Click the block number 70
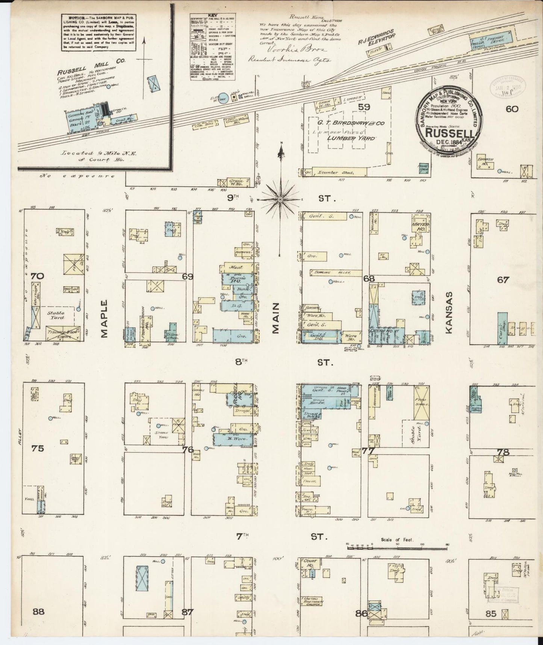point(38,276)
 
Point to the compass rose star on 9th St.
point(281,199)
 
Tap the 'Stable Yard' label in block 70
point(56,315)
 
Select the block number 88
point(38,612)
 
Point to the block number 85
point(491,614)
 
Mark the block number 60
point(512,109)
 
